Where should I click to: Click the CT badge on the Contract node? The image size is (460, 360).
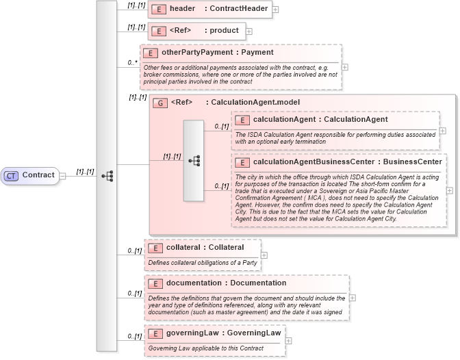point(12,175)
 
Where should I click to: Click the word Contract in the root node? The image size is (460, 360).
point(38,175)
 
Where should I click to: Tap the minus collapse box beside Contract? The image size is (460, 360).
point(62,175)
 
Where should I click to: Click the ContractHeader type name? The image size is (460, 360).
point(239,9)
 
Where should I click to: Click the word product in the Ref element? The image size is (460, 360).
point(224,31)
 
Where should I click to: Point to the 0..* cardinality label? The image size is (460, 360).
point(133,63)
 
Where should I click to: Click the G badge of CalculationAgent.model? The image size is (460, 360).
point(159,103)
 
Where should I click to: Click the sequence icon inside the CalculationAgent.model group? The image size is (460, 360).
point(194,161)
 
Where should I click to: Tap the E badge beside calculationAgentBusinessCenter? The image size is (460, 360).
point(242,162)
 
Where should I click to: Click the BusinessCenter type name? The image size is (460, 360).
point(412,162)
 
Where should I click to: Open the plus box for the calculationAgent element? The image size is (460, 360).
point(443,131)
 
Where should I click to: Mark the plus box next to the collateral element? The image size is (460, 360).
point(264,255)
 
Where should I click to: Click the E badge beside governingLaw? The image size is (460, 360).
point(155,333)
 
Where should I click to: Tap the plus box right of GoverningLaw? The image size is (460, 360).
point(288,340)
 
